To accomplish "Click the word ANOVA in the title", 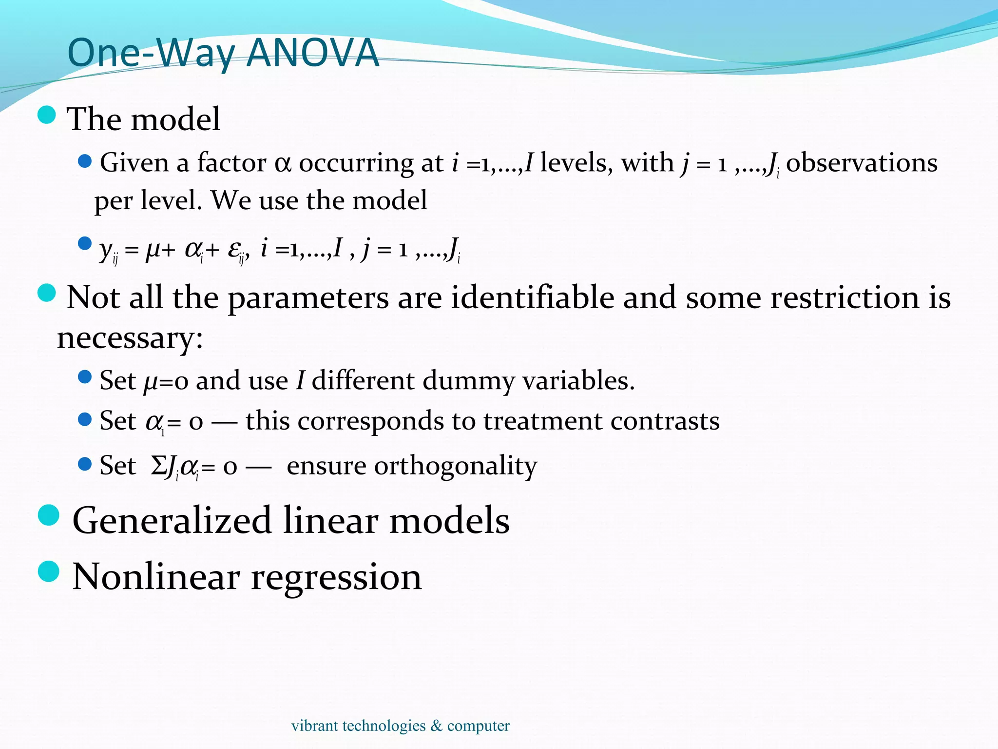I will click(x=313, y=52).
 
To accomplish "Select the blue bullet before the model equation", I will click(x=85, y=243).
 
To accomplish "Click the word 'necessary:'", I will click(x=130, y=337).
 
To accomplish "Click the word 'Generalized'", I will click(x=172, y=520).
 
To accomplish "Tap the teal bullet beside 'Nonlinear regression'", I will click(x=48, y=572).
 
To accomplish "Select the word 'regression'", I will click(x=336, y=577).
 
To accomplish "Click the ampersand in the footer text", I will click(x=436, y=726).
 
